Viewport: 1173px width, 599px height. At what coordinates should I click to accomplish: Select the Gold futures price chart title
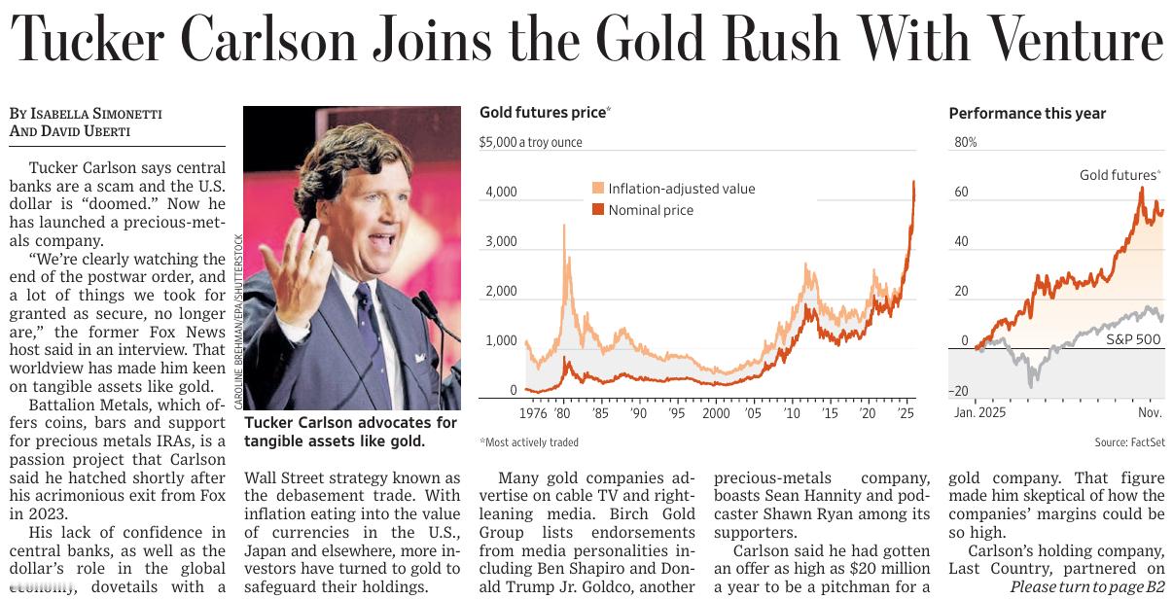coord(542,113)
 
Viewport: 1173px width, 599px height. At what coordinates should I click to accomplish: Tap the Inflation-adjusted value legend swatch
coord(598,189)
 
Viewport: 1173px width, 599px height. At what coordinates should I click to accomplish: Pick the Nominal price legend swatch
coord(598,210)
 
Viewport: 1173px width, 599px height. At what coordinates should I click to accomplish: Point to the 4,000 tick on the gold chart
coord(501,193)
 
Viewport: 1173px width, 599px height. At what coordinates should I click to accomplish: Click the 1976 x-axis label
coord(533,413)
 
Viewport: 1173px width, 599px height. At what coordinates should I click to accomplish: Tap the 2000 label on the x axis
coord(715,413)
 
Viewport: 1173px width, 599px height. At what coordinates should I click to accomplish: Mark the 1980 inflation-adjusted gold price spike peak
coord(564,227)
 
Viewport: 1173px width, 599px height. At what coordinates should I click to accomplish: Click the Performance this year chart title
coord(1027,114)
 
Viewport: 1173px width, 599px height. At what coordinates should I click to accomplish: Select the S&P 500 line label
coord(1133,339)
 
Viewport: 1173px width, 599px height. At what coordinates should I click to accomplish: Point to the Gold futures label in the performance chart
coord(1119,175)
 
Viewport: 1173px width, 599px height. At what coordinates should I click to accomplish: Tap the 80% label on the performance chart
coord(965,142)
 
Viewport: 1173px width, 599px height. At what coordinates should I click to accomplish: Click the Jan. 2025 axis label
coord(979,412)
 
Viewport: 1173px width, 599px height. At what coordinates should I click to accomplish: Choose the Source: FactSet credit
coord(1129,442)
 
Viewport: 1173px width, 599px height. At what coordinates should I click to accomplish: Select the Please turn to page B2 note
coord(1086,587)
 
